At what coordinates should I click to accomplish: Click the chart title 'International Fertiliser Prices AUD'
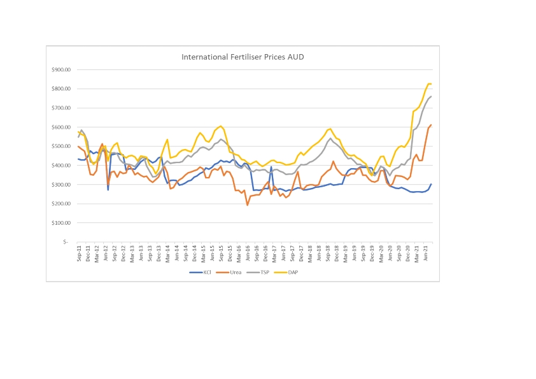pos(243,57)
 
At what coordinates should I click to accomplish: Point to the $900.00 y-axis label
pos(62,69)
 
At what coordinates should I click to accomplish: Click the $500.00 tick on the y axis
pos(62,146)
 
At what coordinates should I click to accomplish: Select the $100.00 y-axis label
pos(62,223)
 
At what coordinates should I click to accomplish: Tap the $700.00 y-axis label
pos(62,108)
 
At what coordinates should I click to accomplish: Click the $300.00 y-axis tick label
pos(62,185)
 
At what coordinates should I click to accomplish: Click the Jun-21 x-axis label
pos(425,254)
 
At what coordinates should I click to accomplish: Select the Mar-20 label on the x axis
pos(381,254)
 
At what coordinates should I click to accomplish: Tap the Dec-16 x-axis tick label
pos(265,254)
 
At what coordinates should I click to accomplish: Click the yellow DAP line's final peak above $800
pos(429,84)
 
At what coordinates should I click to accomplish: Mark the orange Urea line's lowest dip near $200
pos(247,204)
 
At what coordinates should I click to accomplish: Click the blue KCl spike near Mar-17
pos(271,167)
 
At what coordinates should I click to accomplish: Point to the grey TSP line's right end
pos(431,96)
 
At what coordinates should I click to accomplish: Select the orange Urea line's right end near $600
pos(431,125)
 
